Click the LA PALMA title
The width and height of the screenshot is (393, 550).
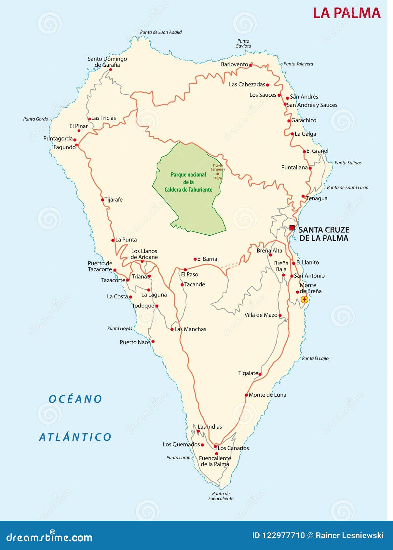[x=346, y=13]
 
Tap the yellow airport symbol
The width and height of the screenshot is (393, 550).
[x=304, y=299]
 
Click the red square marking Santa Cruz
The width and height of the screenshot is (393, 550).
[x=292, y=228]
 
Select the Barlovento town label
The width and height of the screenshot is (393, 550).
[x=234, y=64]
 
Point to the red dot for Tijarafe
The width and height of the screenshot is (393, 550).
[x=102, y=200]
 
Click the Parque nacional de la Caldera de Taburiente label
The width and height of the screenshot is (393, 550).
[x=188, y=182]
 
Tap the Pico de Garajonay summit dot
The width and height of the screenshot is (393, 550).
[x=218, y=174]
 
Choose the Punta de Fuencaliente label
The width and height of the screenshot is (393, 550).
[x=221, y=496]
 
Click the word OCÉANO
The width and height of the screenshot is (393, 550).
[x=75, y=399]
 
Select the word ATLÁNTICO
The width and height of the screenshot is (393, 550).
[x=75, y=437]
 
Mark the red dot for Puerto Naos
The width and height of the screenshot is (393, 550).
[x=153, y=341]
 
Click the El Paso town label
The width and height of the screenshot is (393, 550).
[x=190, y=275]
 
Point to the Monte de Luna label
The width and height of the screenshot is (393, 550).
[x=267, y=395]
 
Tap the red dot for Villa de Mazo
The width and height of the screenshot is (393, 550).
[x=280, y=315]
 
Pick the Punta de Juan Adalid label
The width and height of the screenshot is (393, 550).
[x=161, y=32]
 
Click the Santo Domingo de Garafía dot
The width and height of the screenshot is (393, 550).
[x=110, y=69]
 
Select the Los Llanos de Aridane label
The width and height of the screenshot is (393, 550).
[x=144, y=254]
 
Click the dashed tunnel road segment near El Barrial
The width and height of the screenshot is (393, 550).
[x=230, y=265]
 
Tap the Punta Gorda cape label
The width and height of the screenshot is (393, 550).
[x=35, y=119]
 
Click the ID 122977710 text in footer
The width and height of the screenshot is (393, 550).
[x=278, y=535]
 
